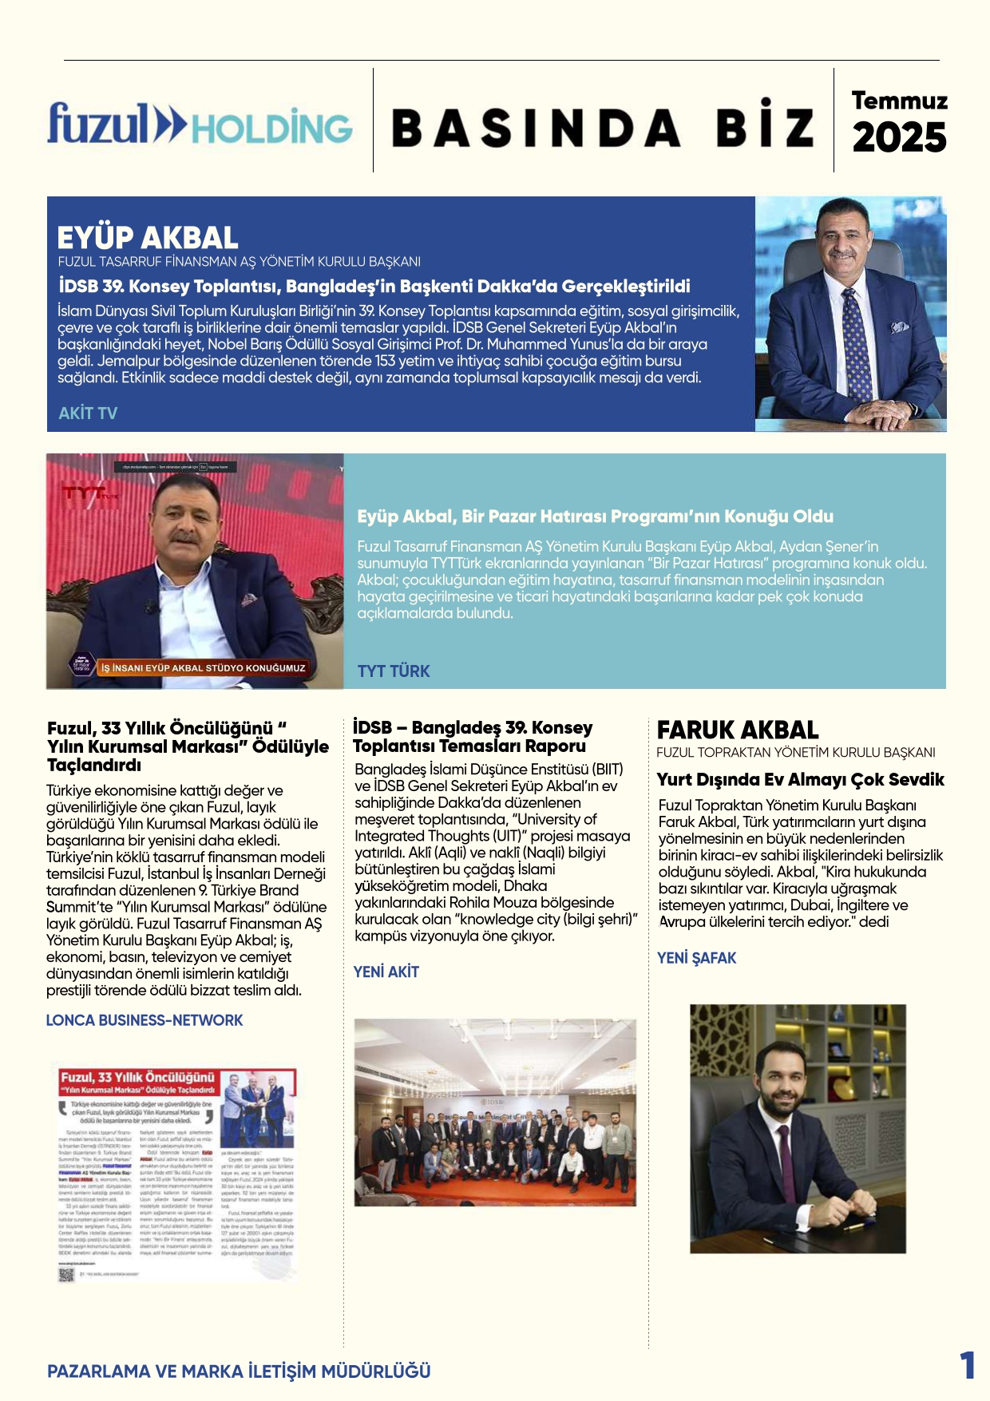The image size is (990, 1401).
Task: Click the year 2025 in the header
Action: coord(899,138)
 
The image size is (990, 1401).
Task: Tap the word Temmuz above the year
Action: coord(899,101)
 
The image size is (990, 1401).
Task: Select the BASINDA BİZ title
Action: coord(603,128)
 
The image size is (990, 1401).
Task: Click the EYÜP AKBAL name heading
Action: coord(148,238)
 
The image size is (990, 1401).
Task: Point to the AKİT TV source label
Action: coord(88,414)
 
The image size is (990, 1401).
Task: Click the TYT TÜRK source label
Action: coord(394,671)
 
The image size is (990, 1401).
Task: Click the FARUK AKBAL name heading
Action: coord(738,730)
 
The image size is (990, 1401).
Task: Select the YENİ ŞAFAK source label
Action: coord(696,958)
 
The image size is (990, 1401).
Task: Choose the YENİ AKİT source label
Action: coord(386,972)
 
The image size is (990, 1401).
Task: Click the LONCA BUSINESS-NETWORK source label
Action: coord(145,1020)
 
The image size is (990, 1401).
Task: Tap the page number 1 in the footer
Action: coord(967,1366)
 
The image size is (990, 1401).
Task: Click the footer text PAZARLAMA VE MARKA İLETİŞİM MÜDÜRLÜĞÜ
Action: coord(239,1371)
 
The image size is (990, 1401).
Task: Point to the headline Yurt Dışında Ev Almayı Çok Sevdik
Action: coord(800,780)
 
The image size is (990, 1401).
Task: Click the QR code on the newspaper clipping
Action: coord(66,1275)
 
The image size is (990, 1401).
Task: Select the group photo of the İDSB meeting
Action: coord(495,1112)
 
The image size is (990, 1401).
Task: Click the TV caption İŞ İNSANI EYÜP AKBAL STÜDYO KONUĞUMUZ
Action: coord(203,667)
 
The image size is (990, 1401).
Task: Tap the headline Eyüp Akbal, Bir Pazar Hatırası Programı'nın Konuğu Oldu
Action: coord(595,516)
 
